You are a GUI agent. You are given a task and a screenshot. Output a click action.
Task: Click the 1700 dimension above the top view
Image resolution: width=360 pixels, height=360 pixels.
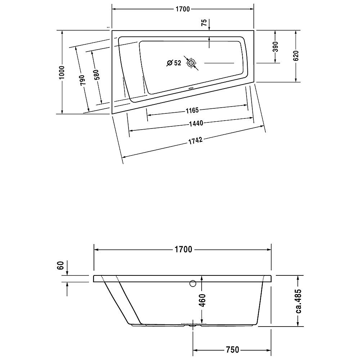[x=183, y=9]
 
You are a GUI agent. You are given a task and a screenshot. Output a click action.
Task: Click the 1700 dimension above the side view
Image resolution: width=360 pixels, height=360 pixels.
[x=184, y=249]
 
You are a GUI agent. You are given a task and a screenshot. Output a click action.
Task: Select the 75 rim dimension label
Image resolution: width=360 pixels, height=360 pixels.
[x=204, y=22]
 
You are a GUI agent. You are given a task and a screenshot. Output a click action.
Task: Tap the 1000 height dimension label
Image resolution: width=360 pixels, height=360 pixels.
[x=62, y=73]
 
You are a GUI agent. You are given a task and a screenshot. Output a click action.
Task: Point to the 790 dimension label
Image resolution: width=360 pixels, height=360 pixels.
[x=82, y=80]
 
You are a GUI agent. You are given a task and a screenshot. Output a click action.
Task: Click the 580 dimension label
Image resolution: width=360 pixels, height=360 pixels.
[x=96, y=75]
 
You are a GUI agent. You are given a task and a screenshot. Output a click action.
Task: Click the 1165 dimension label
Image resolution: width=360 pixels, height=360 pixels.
[x=192, y=111]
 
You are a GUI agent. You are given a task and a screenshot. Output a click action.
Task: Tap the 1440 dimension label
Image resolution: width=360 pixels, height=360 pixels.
[x=196, y=123]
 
